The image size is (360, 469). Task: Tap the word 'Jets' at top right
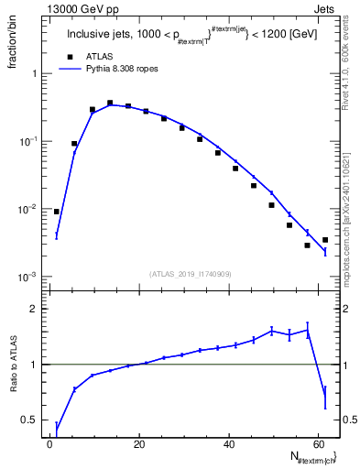tap(331, 9)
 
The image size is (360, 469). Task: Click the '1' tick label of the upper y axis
tap(33, 73)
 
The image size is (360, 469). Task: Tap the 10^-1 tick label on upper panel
tap(29, 141)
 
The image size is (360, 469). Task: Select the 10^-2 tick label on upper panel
tap(29, 209)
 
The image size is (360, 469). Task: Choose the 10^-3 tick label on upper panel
tap(29, 277)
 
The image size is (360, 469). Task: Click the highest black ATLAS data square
tap(110, 104)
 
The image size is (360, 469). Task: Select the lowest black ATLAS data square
tap(307, 245)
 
